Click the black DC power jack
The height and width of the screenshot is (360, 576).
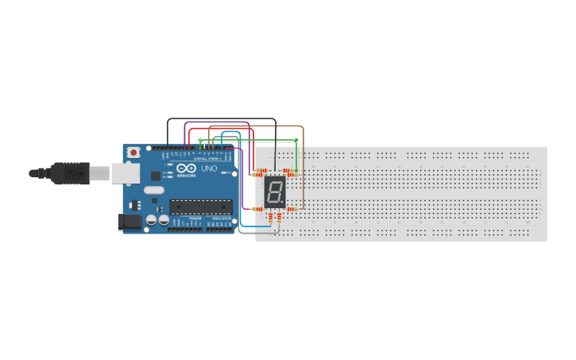tap(130, 223)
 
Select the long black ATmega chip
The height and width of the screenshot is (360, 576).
tap(200, 207)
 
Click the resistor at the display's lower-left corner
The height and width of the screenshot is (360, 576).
tap(257, 209)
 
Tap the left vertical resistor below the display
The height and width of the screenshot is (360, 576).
tap(270, 219)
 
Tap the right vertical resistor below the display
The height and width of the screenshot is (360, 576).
tap(279, 219)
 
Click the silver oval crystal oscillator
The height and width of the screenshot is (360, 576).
tap(154, 190)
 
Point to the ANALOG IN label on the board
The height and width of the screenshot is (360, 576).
tap(220, 219)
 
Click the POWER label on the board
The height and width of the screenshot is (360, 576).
tap(195, 219)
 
